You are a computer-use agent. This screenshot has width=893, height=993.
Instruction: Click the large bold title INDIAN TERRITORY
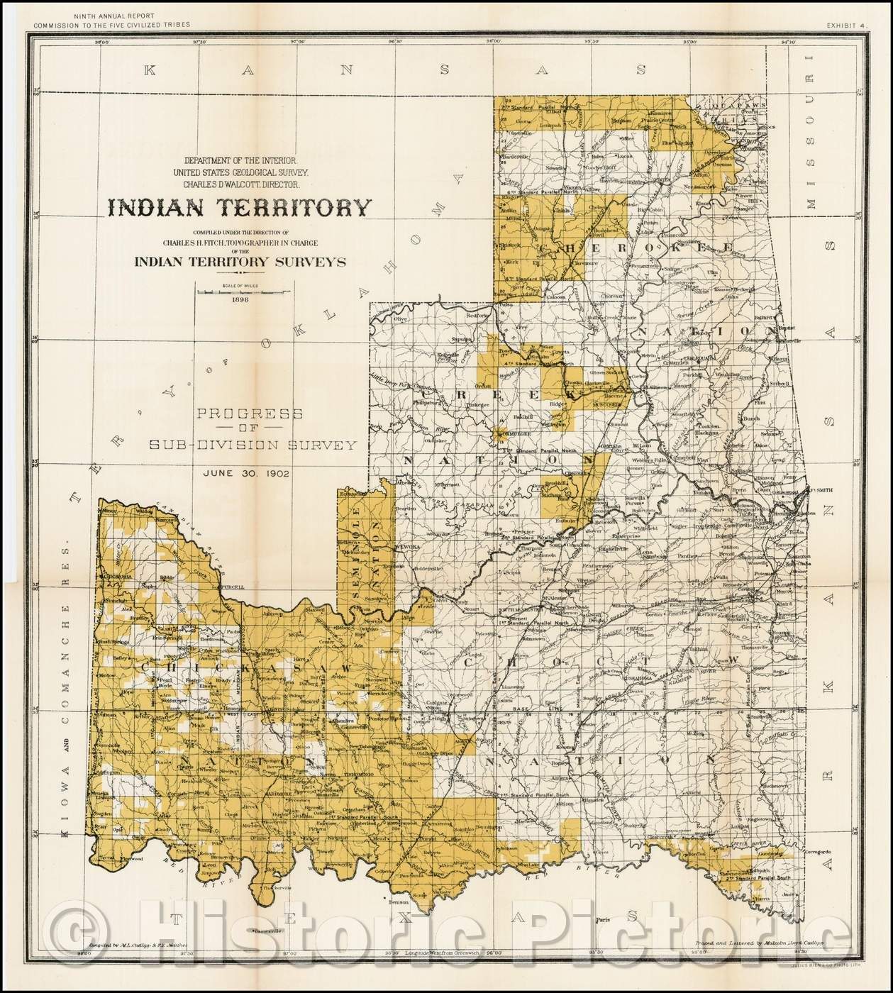[x=239, y=207]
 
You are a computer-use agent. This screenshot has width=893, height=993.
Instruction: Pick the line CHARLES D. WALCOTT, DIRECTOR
[x=239, y=184]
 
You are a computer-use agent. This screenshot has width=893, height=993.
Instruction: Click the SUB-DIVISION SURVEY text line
[x=252, y=445]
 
